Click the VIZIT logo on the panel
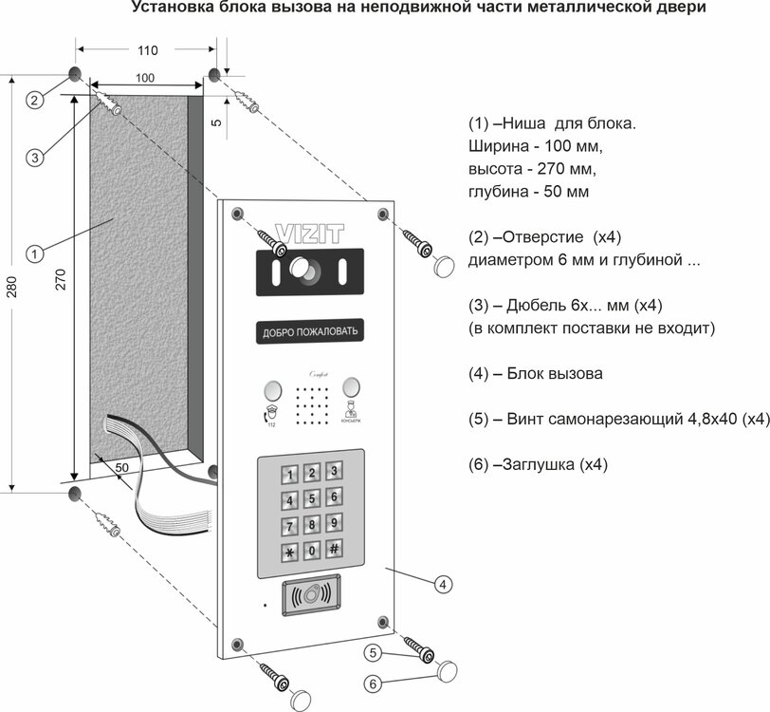pyautogui.click(x=308, y=231)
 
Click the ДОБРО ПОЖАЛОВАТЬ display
pyautogui.click(x=309, y=332)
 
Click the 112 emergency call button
pyautogui.click(x=272, y=390)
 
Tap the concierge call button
pyautogui.click(x=351, y=387)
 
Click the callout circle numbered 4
pyautogui.click(x=443, y=585)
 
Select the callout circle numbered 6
pyautogui.click(x=375, y=682)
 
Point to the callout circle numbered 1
pyautogui.click(x=34, y=253)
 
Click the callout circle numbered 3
pyautogui.click(x=34, y=158)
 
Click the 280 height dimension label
pyautogui.click(x=10, y=286)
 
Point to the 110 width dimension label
pyautogui.click(x=147, y=49)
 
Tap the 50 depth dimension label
pyautogui.click(x=122, y=467)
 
